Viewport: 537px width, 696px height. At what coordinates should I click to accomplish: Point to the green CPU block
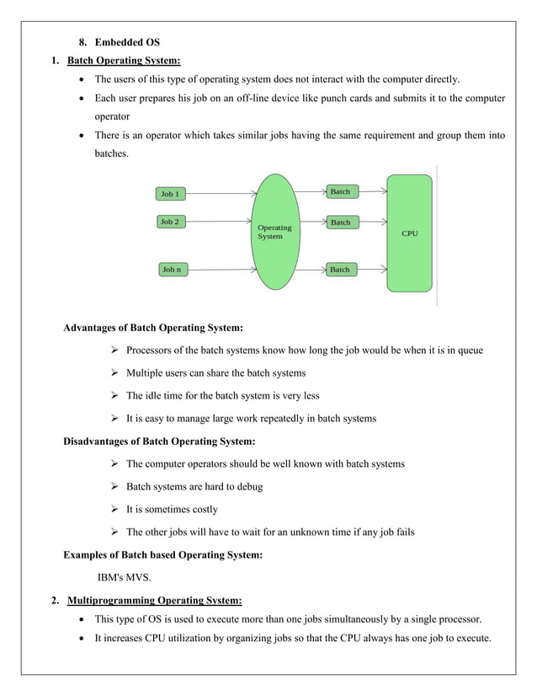pyautogui.click(x=409, y=233)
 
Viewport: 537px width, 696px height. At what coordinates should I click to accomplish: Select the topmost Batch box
pyautogui.click(x=340, y=192)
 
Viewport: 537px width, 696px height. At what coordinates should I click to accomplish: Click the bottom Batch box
pyautogui.click(x=340, y=270)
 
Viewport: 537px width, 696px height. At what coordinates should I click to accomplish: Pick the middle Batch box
pyautogui.click(x=340, y=222)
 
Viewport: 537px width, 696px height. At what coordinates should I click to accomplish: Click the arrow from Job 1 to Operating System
pyautogui.click(x=219, y=193)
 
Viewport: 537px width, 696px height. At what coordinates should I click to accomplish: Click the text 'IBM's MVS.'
pyautogui.click(x=125, y=578)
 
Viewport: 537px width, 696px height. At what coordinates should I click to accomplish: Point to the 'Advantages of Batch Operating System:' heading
pyautogui.click(x=153, y=328)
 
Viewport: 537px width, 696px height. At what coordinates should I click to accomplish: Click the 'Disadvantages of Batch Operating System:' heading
pyautogui.click(x=159, y=441)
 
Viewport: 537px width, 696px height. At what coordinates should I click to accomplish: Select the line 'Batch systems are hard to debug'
pyautogui.click(x=194, y=486)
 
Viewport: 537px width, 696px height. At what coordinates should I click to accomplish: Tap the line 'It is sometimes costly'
pyautogui.click(x=172, y=509)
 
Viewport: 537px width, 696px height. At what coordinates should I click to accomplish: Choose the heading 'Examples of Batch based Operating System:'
pyautogui.click(x=162, y=554)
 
